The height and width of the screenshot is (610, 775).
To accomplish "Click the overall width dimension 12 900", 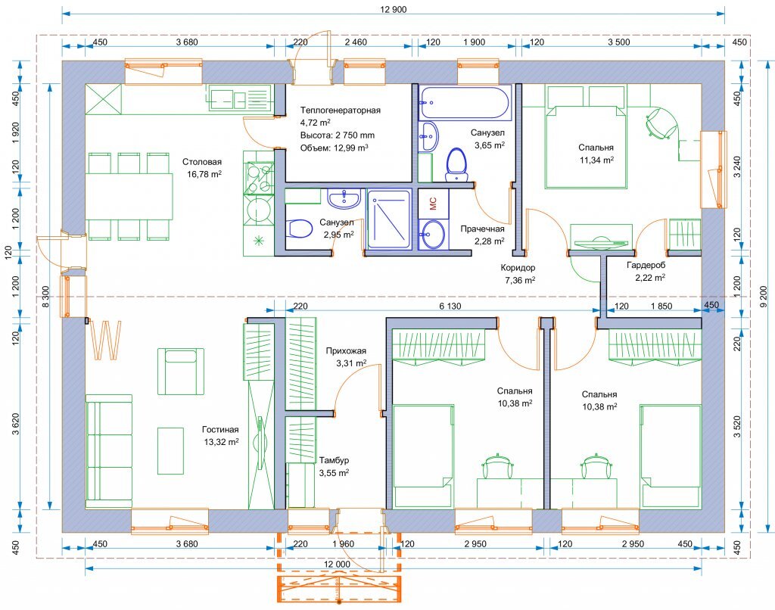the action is tap(394, 9).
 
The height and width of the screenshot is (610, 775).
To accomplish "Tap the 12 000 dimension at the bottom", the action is tap(337, 564).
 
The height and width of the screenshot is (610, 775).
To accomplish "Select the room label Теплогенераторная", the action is tap(341, 110).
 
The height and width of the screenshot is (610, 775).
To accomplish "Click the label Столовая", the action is tap(202, 162).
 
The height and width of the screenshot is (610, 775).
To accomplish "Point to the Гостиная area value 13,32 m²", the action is tap(222, 442).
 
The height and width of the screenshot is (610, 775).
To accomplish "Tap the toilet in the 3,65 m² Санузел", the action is tap(456, 165).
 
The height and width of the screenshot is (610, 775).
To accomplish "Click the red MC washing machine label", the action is tap(433, 203).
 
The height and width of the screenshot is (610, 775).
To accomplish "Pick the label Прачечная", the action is tap(482, 229).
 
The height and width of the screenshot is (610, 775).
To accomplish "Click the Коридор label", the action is tap(518, 268).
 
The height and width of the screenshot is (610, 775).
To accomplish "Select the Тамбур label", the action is tap(334, 460).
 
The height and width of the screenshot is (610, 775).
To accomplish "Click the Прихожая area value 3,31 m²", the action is tap(351, 364).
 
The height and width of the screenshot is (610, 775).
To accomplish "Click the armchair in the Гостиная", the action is tap(181, 372).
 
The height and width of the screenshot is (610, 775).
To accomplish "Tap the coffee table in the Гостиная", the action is tap(170, 450).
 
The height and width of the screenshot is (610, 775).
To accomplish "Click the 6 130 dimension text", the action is tap(450, 307).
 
